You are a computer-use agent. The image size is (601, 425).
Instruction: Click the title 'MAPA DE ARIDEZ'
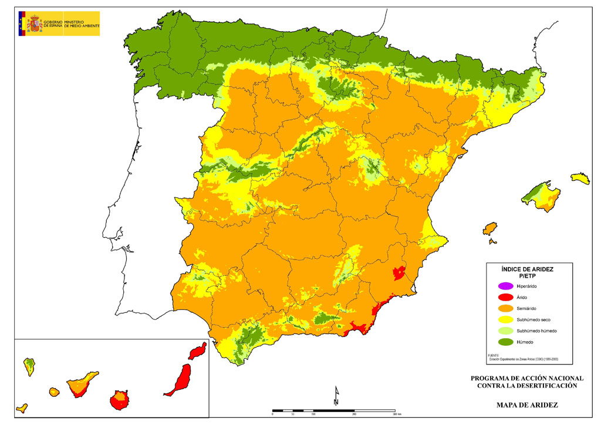tap(527, 404)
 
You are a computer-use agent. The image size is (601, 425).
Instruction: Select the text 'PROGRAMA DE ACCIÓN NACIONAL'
tap(527, 378)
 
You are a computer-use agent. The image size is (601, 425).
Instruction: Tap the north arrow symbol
tap(336, 396)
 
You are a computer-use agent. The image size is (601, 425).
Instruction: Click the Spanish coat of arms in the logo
tap(35, 24)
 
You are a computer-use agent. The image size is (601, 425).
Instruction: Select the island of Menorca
tap(580, 178)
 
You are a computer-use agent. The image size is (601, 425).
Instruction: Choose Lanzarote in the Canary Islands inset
tap(198, 351)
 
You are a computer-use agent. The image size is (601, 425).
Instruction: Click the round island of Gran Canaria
tap(119, 400)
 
